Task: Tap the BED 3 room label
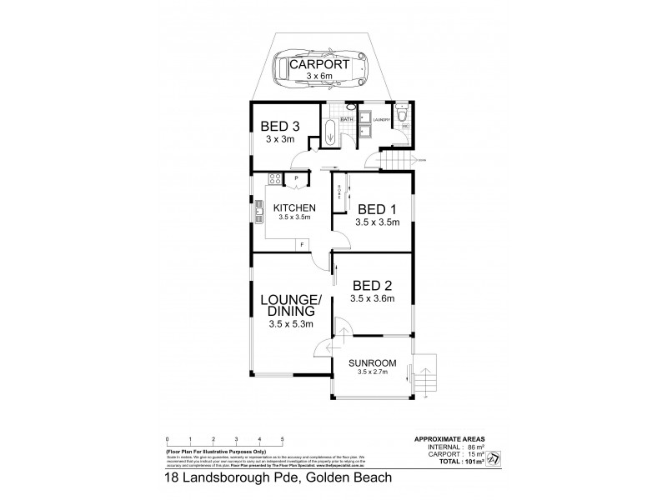click(x=280, y=126)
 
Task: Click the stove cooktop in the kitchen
click(x=273, y=179)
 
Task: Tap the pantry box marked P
click(x=297, y=179)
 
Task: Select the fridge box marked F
click(x=302, y=244)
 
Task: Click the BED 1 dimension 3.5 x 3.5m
click(x=379, y=222)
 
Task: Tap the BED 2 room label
click(x=371, y=284)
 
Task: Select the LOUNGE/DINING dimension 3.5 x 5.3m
click(x=291, y=324)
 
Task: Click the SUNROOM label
click(x=372, y=363)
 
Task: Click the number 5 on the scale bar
click(x=283, y=438)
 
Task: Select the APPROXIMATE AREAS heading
click(x=449, y=438)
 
